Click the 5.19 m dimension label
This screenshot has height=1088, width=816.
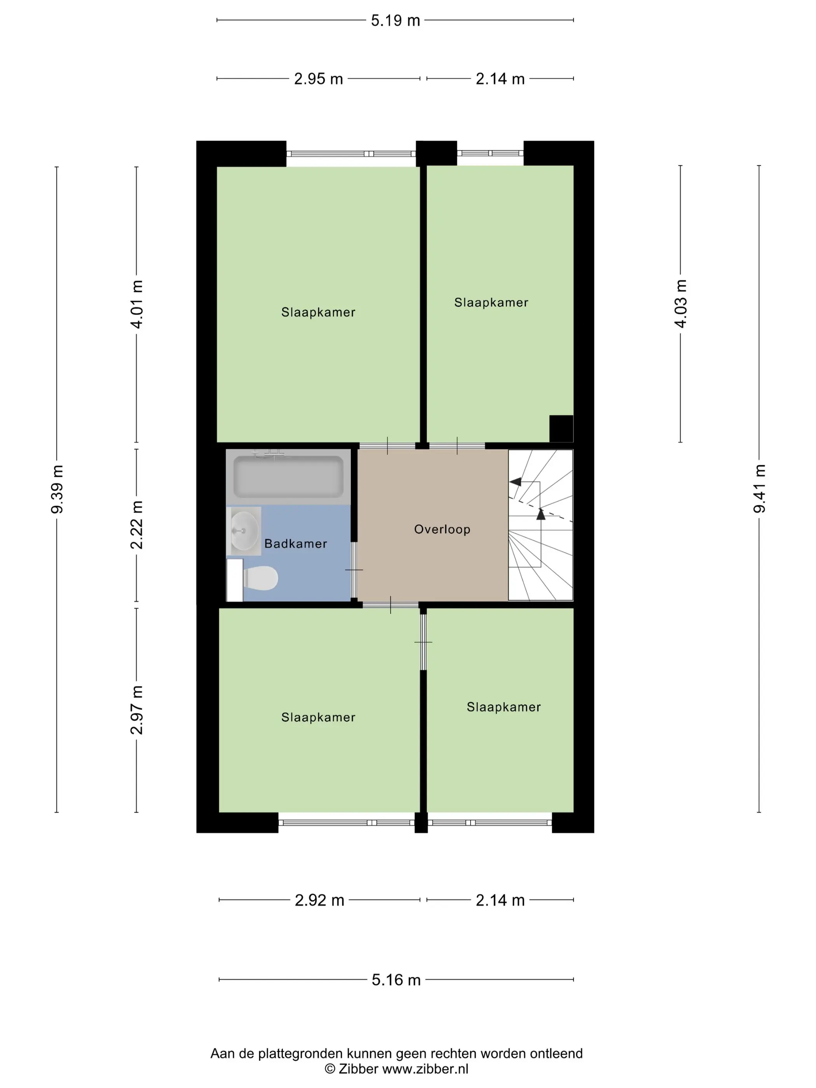tap(396, 21)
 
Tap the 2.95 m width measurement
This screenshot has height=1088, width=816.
tap(318, 79)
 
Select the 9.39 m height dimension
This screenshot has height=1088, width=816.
tap(57, 489)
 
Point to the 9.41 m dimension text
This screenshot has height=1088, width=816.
tap(759, 488)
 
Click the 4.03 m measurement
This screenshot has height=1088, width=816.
tap(681, 303)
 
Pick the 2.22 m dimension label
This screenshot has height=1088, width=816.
tap(136, 525)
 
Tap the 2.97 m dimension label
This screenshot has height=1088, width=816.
tap(136, 710)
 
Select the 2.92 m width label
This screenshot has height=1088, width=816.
tap(319, 900)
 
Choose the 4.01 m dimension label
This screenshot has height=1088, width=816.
tap(136, 304)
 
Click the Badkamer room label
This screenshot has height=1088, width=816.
tap(296, 544)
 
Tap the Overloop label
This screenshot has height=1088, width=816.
tap(442, 529)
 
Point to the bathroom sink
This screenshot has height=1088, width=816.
tap(244, 531)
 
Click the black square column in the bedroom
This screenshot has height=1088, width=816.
tap(561, 429)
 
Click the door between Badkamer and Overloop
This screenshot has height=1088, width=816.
tap(354, 570)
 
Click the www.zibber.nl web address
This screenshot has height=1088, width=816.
tap(425, 1069)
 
